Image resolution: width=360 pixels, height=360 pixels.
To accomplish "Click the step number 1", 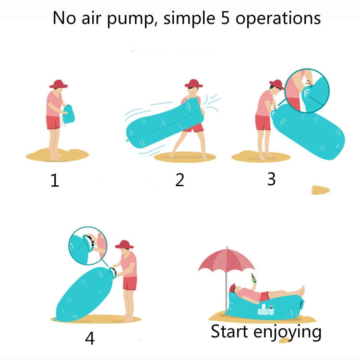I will [x=55, y=181].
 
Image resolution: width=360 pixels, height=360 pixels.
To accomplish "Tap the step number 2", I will [x=180, y=180].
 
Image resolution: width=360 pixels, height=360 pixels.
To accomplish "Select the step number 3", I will [x=271, y=179].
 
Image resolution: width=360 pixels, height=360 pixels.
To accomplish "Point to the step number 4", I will [x=90, y=338].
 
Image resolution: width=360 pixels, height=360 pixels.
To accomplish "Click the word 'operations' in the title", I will [x=278, y=19].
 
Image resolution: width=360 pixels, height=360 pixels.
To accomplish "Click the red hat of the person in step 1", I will [x=59, y=84].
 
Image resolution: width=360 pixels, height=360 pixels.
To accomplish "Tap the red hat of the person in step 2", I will [x=193, y=83].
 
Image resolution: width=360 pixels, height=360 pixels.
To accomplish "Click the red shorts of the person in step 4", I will [x=130, y=283].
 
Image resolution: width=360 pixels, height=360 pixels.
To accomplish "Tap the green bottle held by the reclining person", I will [x=252, y=278].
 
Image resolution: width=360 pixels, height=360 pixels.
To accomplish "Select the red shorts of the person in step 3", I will [x=263, y=122].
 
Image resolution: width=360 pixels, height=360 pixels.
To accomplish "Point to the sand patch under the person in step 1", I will [x=50, y=155].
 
